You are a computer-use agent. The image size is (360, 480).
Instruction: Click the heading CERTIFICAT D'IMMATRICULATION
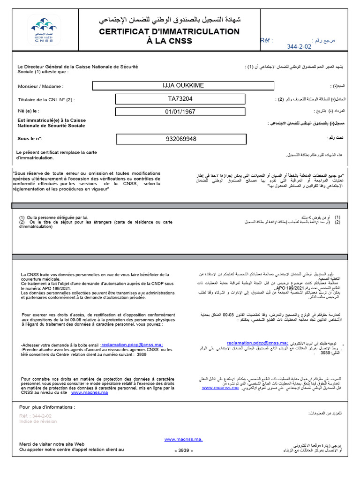click(169, 31)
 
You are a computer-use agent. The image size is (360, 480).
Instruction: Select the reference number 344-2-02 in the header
click(299, 47)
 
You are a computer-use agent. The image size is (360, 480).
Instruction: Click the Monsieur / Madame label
click(40, 86)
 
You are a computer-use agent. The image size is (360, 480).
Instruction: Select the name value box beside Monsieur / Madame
click(183, 85)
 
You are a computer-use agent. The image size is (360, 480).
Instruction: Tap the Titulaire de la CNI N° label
click(46, 99)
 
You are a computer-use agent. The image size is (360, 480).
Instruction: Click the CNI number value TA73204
click(180, 99)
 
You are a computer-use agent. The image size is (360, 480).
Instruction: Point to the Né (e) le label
click(29, 111)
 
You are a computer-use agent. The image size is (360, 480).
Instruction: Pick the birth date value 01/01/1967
click(180, 112)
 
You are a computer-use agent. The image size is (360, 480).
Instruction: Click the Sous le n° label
click(30, 138)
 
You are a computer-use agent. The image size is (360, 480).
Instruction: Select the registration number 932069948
click(181, 139)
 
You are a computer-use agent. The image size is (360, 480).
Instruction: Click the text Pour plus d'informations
click(47, 407)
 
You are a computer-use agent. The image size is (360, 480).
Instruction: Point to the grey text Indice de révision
click(38, 421)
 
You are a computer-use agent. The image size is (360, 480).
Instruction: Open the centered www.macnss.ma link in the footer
click(183, 439)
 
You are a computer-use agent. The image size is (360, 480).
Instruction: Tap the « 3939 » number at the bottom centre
click(184, 450)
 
